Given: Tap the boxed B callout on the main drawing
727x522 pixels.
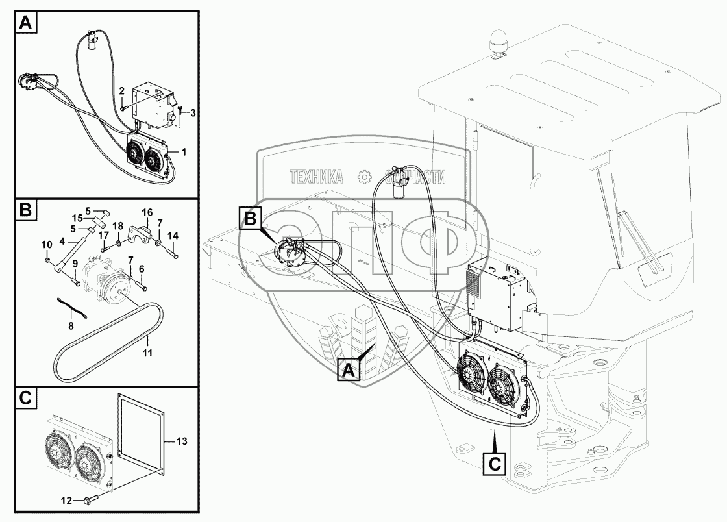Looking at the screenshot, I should click(251, 219).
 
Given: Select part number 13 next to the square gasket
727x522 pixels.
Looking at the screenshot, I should click(181, 441).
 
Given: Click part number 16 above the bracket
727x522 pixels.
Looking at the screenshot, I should click(147, 212).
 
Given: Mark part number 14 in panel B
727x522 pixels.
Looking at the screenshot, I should click(173, 235).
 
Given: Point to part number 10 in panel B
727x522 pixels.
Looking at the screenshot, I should click(46, 244).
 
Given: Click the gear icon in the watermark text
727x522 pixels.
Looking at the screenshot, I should click(364, 176).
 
